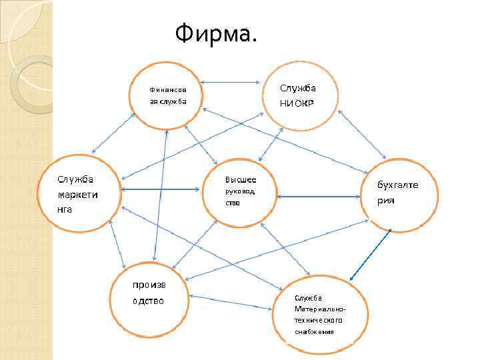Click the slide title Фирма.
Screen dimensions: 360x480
(215, 32)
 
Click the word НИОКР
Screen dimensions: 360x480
(298, 103)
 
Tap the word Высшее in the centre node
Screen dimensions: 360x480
(241, 180)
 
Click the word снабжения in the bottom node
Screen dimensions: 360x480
(314, 332)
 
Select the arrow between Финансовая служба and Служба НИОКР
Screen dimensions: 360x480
(231, 83)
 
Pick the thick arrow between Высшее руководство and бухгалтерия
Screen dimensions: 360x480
(319, 197)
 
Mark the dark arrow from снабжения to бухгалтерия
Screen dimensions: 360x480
(371, 255)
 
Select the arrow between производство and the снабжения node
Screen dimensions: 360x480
(231, 302)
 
